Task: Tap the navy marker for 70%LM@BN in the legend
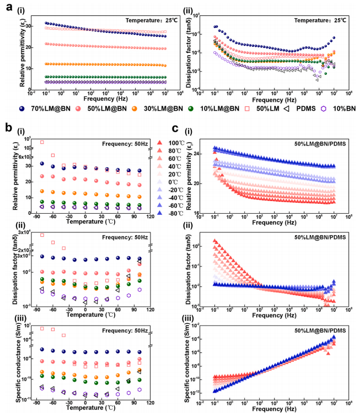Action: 22,110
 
